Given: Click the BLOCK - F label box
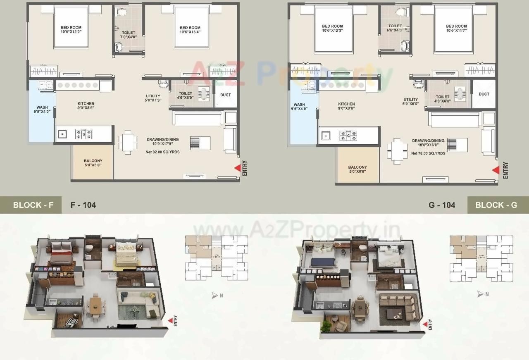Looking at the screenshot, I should point(33,205).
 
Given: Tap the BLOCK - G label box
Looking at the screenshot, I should point(496,205).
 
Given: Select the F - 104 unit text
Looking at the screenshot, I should point(83,205).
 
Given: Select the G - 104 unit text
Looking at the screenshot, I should point(442,205).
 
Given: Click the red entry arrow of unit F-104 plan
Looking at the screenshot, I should point(237,168).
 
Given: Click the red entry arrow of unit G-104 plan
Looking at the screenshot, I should point(496,170).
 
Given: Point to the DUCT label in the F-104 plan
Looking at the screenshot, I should point(226,95).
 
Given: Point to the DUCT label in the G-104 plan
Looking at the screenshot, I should point(484,94).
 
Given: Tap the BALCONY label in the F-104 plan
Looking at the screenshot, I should point(93,161).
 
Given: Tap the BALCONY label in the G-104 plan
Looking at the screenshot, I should point(357,167).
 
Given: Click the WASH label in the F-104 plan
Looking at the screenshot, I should point(42,107).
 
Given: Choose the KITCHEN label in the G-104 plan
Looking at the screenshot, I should point(346,104).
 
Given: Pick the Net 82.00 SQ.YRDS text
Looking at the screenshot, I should point(162,152).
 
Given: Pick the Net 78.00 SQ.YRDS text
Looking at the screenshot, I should point(428,153).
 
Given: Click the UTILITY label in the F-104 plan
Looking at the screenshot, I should point(153,96).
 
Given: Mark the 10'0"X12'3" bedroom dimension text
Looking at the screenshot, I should point(333,31).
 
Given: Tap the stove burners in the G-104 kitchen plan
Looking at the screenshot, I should point(348,136).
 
